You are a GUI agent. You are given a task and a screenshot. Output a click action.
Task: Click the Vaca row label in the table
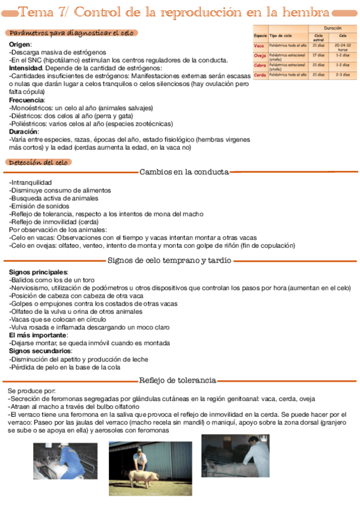pos(260,46)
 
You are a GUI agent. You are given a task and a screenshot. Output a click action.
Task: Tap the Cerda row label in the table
pos(260,75)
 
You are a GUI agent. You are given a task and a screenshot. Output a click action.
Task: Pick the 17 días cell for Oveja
pos(319,55)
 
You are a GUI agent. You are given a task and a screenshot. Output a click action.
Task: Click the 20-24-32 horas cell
pos(343,47)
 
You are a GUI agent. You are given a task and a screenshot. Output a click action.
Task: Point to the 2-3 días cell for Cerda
pos(343,75)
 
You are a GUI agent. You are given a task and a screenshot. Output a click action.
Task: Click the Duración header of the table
pos(332,28)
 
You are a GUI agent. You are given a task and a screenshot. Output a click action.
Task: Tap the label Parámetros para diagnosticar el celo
pos(72,33)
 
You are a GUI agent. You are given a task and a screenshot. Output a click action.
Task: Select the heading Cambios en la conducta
pos(184,172)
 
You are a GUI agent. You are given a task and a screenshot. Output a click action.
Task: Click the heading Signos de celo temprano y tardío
pos(169,260)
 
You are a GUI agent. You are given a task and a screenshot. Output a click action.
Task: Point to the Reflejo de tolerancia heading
pos(177,381)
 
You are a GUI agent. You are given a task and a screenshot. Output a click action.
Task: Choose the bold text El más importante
pos(37,335)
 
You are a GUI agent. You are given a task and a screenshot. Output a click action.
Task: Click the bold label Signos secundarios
pos(40,351)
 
